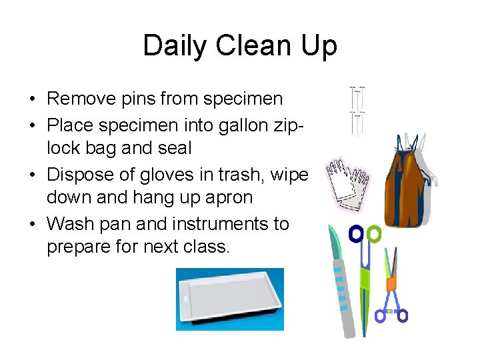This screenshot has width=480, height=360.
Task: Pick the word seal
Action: click(x=175, y=148)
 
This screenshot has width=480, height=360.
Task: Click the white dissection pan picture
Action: click(x=229, y=299)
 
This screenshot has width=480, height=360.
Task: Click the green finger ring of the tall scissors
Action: click(x=374, y=234)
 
